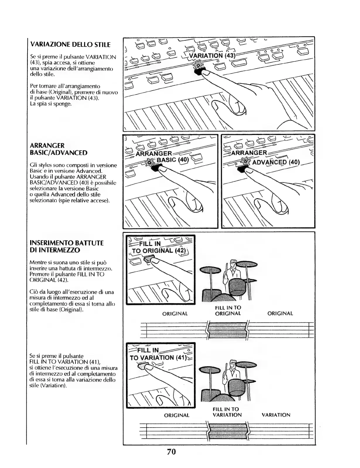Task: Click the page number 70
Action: click(x=171, y=452)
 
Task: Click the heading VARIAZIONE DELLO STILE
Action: click(x=71, y=45)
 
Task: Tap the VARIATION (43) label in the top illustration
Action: click(x=212, y=56)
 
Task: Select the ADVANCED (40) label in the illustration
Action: click(x=276, y=162)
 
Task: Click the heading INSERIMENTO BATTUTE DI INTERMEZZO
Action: click(x=67, y=247)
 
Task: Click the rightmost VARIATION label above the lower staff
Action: click(x=276, y=415)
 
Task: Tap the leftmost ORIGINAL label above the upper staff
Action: click(x=175, y=314)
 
